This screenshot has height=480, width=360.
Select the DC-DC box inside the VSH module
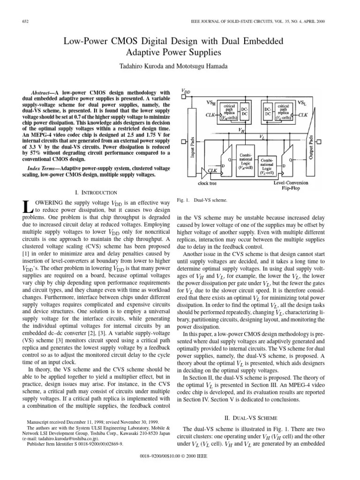point(245,112)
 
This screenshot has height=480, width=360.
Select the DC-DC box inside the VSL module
point(267,112)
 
